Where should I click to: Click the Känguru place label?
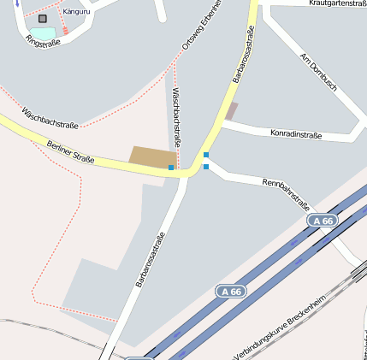[x=76, y=11]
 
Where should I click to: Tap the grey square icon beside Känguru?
[x=43, y=18]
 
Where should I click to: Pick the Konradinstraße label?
[x=295, y=134]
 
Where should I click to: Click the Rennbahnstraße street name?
[x=286, y=194]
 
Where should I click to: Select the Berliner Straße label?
[x=70, y=152]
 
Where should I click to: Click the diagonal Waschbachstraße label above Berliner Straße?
[x=50, y=119]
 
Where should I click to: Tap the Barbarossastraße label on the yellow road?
[x=244, y=55]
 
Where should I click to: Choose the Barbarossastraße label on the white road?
[x=150, y=259]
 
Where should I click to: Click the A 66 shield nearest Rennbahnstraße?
[x=323, y=221]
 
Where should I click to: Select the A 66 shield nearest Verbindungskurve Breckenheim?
[x=230, y=292]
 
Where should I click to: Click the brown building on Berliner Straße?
[x=151, y=156]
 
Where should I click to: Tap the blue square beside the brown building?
[x=171, y=168]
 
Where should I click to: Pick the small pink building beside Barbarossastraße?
[x=231, y=111]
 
